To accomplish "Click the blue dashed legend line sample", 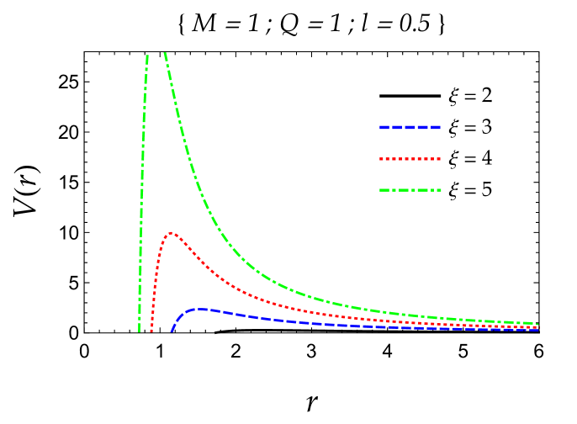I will pos(410,128).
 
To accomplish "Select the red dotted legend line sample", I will pos(410,159).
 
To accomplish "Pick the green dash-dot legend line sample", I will pos(410,190).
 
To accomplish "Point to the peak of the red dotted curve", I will pos(171,233).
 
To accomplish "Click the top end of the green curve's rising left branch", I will pos(147,56).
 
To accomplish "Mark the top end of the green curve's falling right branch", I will pos(164,53).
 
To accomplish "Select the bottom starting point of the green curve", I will pos(140,331).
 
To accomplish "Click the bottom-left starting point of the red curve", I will pos(151,331).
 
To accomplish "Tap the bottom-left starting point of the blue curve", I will pos(172,331).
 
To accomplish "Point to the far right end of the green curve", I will pos(537,324).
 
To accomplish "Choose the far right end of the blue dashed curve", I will pos(537,330).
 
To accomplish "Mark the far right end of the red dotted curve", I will pos(537,327).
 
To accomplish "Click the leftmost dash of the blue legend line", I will pos(384,128).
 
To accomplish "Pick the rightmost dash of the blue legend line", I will pos(436,128).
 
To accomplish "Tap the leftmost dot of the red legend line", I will pos(381,159).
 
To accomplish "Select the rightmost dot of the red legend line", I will pos(439,159).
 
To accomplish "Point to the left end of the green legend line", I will pos(380,190).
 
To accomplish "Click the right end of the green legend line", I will pos(440,190).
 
